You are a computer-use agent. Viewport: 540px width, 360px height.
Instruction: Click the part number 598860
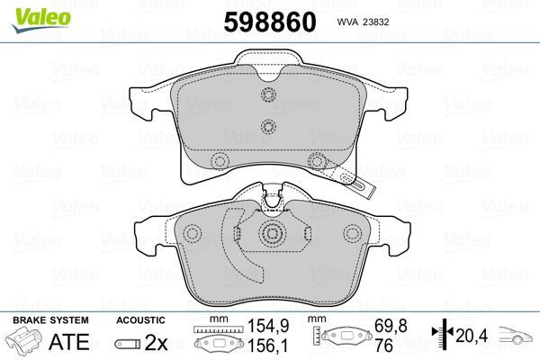[x=270, y=22]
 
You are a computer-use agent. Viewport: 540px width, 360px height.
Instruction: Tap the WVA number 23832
[x=375, y=22]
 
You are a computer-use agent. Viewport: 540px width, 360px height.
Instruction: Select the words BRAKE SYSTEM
[x=50, y=320]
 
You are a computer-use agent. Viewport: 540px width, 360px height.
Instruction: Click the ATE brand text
[x=69, y=342]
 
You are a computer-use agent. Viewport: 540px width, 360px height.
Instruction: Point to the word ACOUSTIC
[x=140, y=320]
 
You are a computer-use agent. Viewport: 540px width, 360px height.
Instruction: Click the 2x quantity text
[x=156, y=342]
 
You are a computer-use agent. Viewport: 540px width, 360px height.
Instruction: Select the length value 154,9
[x=268, y=326]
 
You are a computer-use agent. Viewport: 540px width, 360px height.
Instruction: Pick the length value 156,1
[x=268, y=346]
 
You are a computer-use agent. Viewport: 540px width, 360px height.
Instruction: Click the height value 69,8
[x=391, y=326]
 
